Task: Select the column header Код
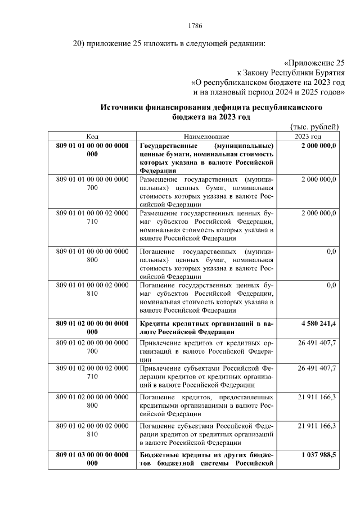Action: coord(92,137)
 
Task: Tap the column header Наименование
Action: coord(206,137)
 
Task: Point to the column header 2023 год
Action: coord(308,137)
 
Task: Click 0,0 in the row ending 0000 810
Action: coord(331,285)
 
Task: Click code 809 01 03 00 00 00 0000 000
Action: coord(92,460)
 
